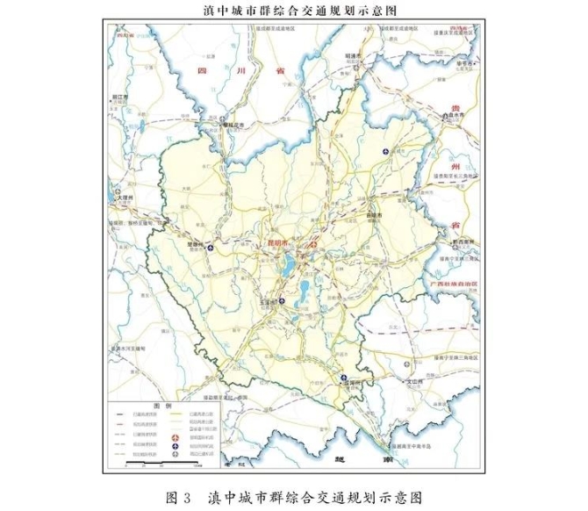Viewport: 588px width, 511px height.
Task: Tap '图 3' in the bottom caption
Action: (x=177, y=496)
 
